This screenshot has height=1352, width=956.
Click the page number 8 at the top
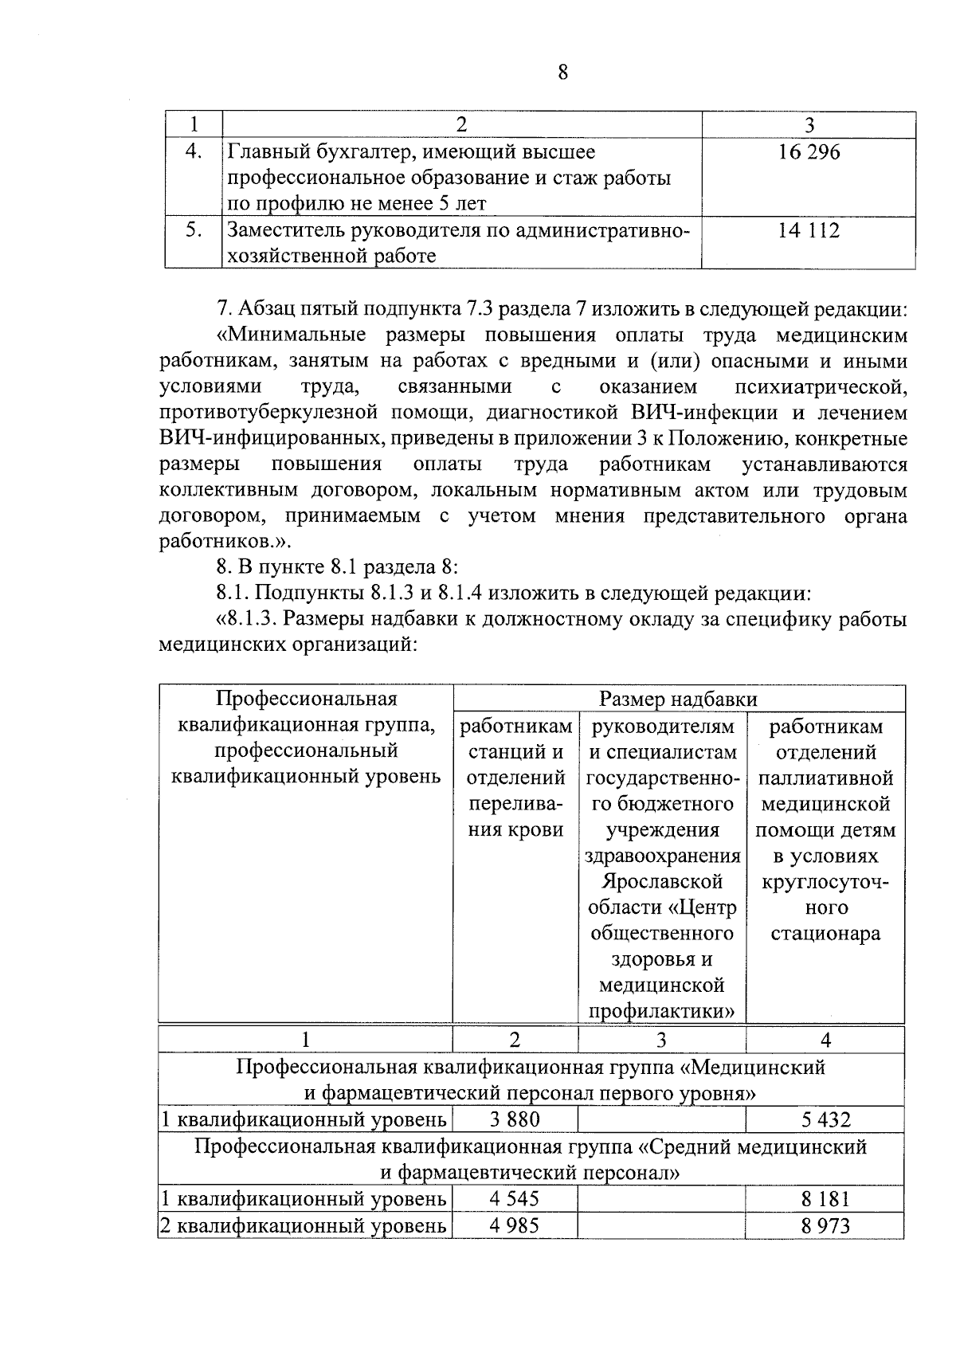(x=563, y=72)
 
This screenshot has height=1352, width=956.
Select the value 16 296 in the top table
(x=809, y=151)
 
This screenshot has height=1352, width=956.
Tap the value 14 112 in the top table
(x=809, y=230)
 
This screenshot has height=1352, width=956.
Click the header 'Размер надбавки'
(x=678, y=699)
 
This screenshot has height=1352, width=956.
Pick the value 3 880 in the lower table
(x=515, y=1119)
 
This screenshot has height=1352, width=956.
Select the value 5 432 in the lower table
(x=825, y=1119)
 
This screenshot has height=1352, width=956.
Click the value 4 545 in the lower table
(x=515, y=1198)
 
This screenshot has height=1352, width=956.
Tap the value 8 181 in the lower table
(x=825, y=1198)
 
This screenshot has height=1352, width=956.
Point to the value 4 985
(x=515, y=1225)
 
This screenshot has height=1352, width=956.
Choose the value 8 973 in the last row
(x=825, y=1225)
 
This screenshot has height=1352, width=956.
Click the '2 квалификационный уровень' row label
(x=304, y=1225)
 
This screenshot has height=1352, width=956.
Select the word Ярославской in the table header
(x=662, y=882)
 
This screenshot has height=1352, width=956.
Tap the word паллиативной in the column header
(x=825, y=778)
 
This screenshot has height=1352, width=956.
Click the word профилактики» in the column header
(x=662, y=1012)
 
